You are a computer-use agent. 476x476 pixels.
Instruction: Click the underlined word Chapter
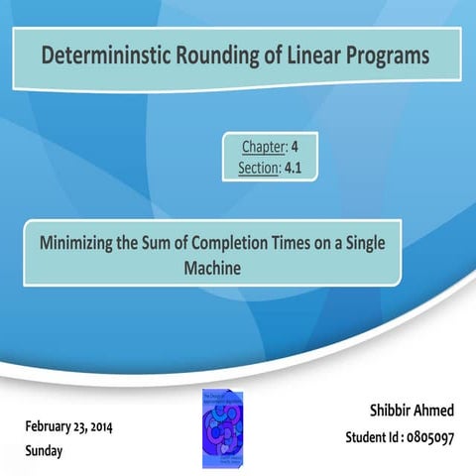(262, 147)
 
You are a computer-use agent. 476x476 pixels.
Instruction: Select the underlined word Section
(260, 169)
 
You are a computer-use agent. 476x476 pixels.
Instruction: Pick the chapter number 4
(296, 147)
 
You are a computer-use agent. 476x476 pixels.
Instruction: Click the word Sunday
(45, 450)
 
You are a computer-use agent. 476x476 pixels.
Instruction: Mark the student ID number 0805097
(427, 436)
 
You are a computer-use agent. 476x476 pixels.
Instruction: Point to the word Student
(367, 436)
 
